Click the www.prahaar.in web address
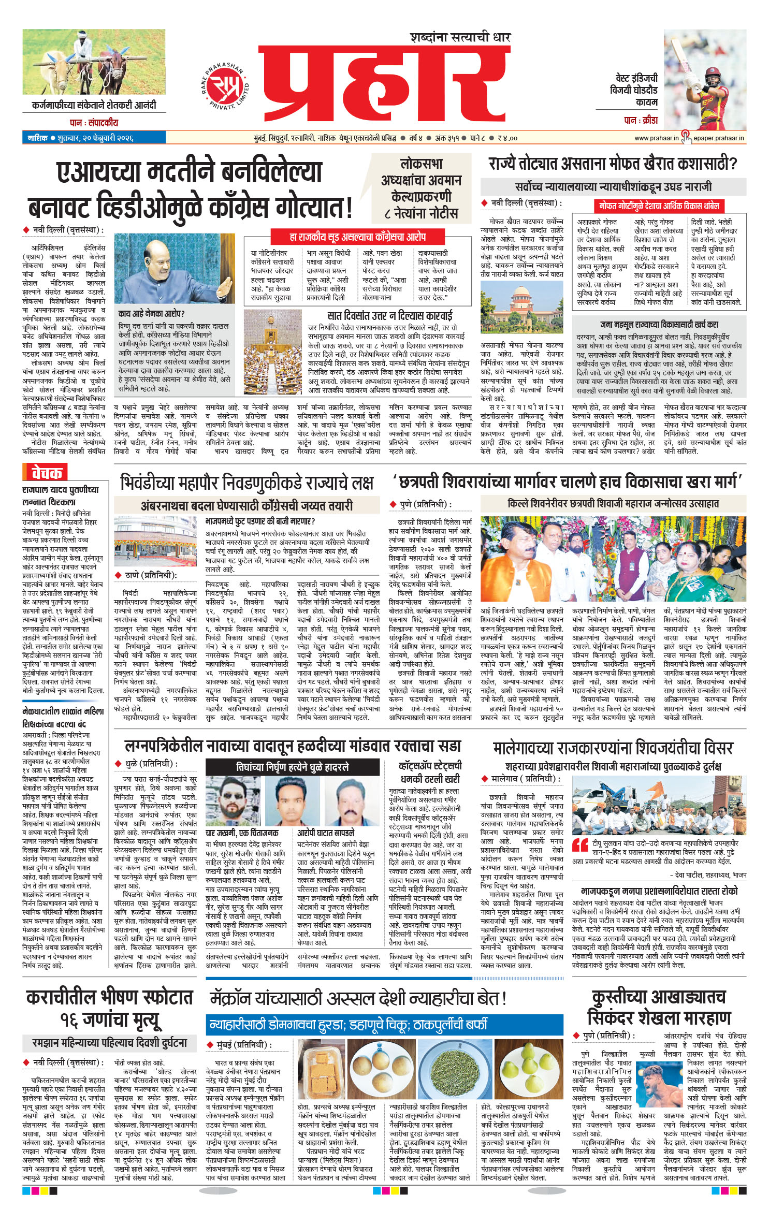[x=656, y=138]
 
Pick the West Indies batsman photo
[x=704, y=80]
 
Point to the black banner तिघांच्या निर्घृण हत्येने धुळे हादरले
[x=292, y=767]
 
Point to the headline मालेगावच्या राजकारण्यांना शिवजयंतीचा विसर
[x=613, y=748]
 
